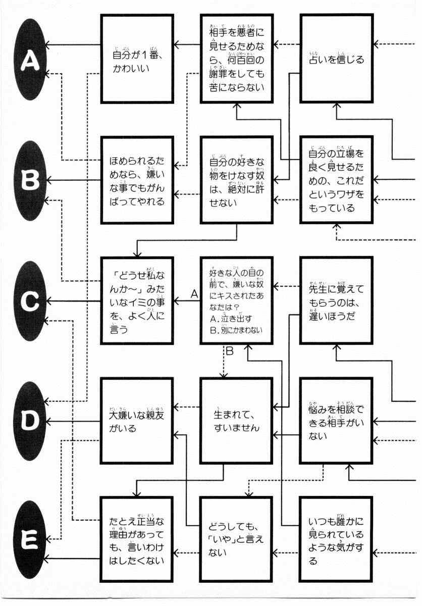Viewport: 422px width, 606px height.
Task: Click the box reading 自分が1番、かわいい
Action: (x=137, y=59)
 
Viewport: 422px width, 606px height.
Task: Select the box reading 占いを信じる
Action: (x=336, y=59)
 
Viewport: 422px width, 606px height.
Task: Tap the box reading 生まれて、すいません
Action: (x=237, y=421)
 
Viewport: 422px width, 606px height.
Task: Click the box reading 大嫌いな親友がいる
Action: (x=137, y=421)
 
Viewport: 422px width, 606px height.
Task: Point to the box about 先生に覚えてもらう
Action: (x=336, y=299)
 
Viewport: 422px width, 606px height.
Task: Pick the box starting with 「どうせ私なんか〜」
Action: (x=137, y=300)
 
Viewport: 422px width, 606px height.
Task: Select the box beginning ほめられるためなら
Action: (x=137, y=179)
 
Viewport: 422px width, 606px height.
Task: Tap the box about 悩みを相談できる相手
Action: (x=336, y=421)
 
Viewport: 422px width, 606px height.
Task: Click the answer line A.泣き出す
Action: (x=230, y=319)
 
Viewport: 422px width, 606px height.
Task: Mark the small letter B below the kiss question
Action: (x=230, y=352)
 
